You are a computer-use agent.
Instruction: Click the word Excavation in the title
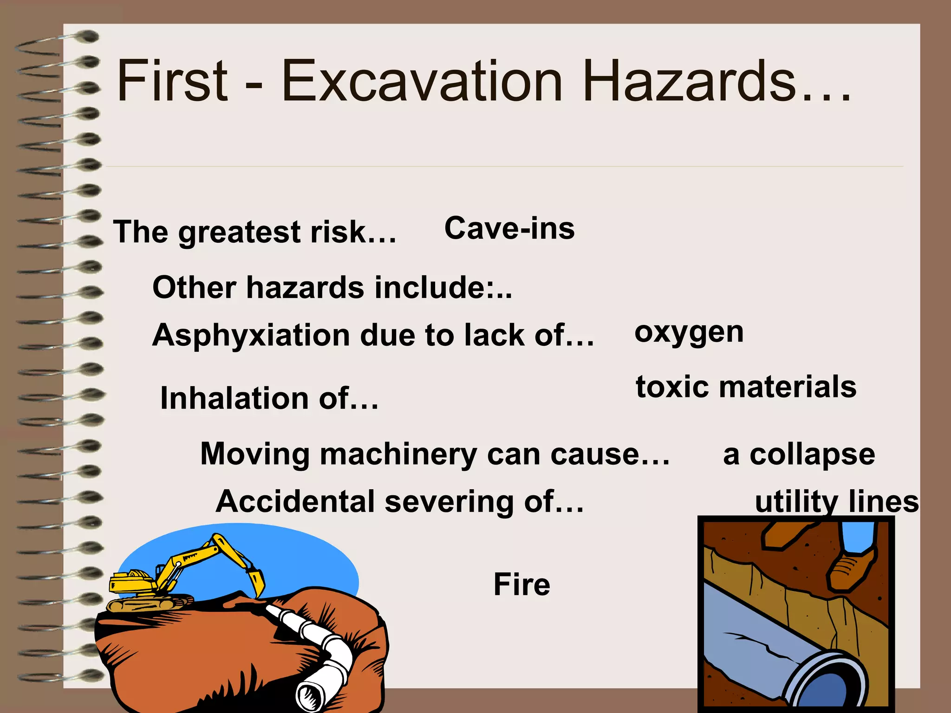tap(422, 81)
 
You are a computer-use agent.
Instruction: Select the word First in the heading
tap(173, 81)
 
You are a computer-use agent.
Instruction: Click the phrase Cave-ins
tap(509, 228)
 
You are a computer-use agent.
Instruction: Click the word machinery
tap(398, 454)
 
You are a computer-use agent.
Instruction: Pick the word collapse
tap(812, 455)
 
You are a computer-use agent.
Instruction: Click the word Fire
tap(521, 584)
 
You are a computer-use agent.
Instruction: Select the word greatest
tap(240, 232)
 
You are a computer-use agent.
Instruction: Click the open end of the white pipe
tap(308, 697)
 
